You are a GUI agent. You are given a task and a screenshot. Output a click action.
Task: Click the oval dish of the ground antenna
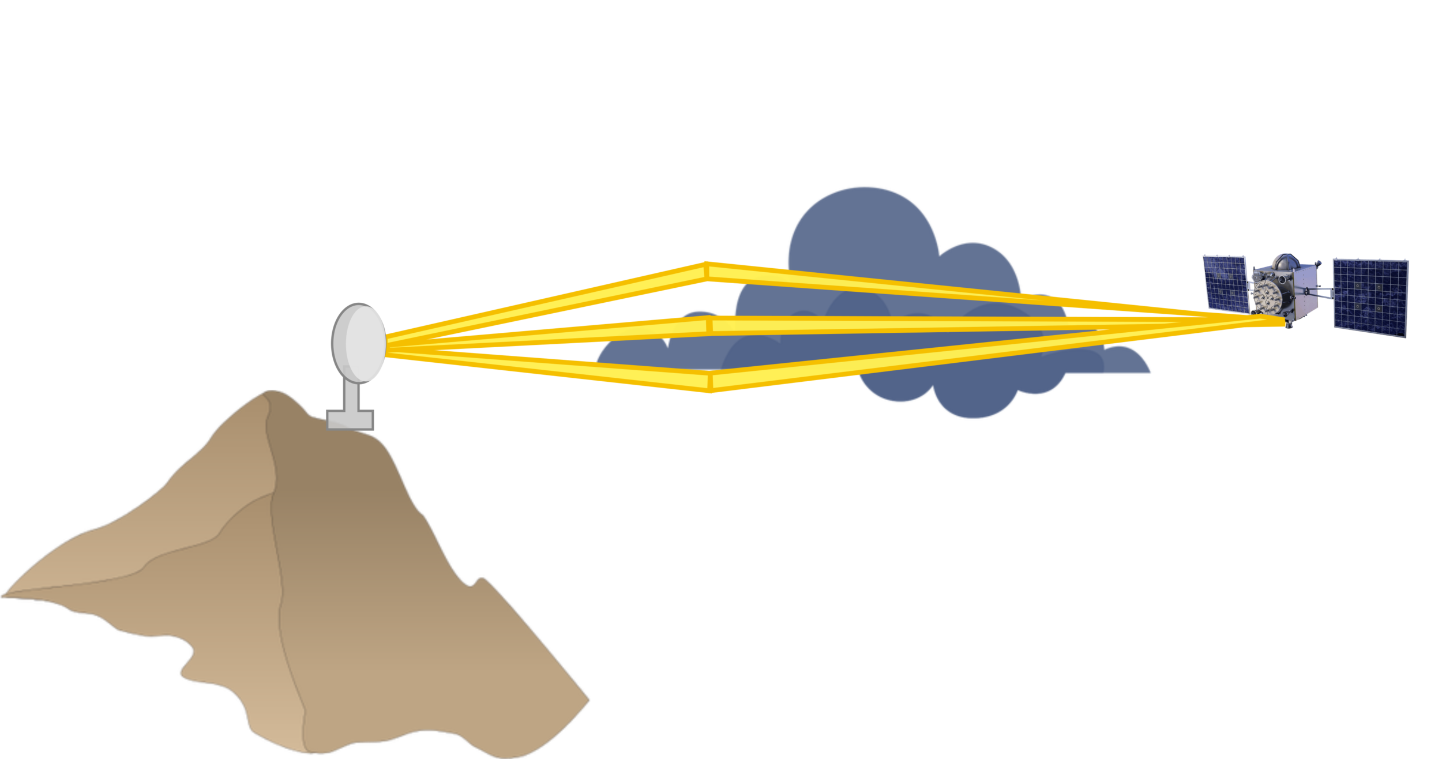[x=359, y=343]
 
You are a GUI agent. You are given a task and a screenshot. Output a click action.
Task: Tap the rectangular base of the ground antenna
[x=350, y=419]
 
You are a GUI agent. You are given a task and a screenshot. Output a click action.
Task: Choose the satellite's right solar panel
[x=1370, y=297]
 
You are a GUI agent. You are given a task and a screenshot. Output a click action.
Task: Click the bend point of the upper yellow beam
[x=707, y=271]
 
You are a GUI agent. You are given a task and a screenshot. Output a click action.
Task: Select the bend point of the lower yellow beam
[x=710, y=382]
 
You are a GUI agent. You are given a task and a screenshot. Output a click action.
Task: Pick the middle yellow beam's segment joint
[x=710, y=326]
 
